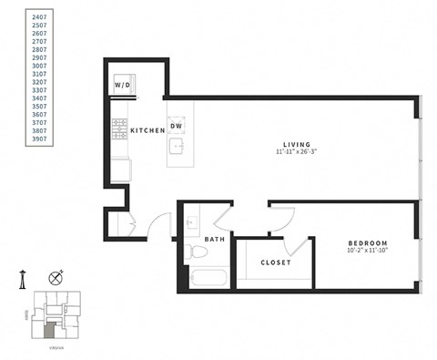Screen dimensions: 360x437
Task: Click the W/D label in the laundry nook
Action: click(x=122, y=86)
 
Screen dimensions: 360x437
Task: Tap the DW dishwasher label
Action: click(x=178, y=126)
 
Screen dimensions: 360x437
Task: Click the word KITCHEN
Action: click(x=147, y=131)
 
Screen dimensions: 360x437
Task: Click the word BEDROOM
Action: click(x=368, y=243)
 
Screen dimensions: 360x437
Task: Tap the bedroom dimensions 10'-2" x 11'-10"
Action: click(x=368, y=252)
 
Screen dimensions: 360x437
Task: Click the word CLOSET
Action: click(x=275, y=262)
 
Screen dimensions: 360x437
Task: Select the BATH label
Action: click(x=215, y=240)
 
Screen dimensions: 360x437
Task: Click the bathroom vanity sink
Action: click(x=192, y=221)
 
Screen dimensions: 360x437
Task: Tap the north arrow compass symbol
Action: click(x=57, y=278)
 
